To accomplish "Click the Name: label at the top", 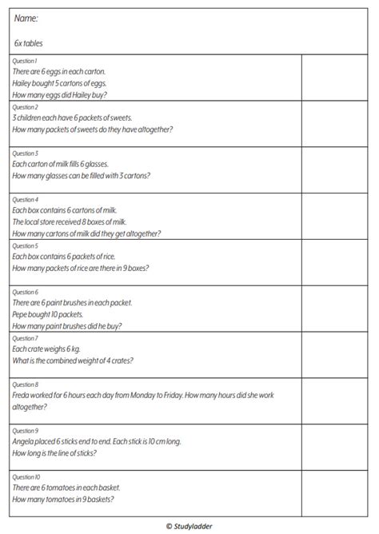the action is coord(26,18).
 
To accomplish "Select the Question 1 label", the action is coord(25,61).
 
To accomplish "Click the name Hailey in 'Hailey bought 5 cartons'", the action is coord(24,83).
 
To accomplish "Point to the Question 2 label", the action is coord(26,106).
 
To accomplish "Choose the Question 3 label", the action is coord(26,153).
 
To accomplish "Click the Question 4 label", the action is coord(26,199).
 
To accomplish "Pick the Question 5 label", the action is coord(26,245).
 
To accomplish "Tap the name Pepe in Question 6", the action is coord(21,314).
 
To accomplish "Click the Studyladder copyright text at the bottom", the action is coord(189,525).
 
